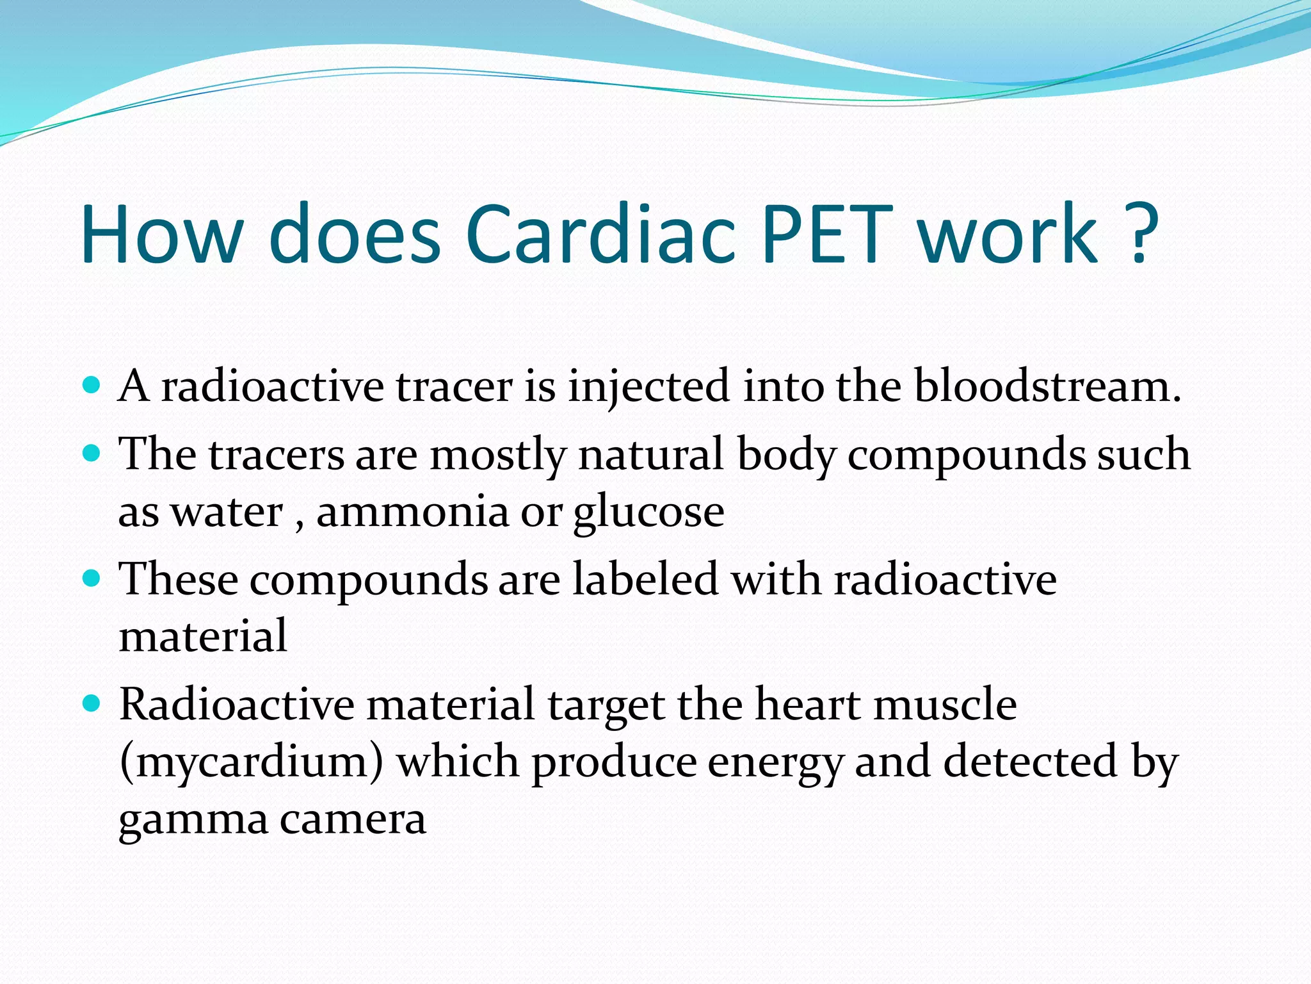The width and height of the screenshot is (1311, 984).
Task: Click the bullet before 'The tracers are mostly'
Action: (92, 454)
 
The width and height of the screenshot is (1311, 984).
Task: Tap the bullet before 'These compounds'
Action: (92, 579)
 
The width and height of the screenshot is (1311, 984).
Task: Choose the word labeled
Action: (645, 579)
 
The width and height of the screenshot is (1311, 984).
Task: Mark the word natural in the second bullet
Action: (651, 454)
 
